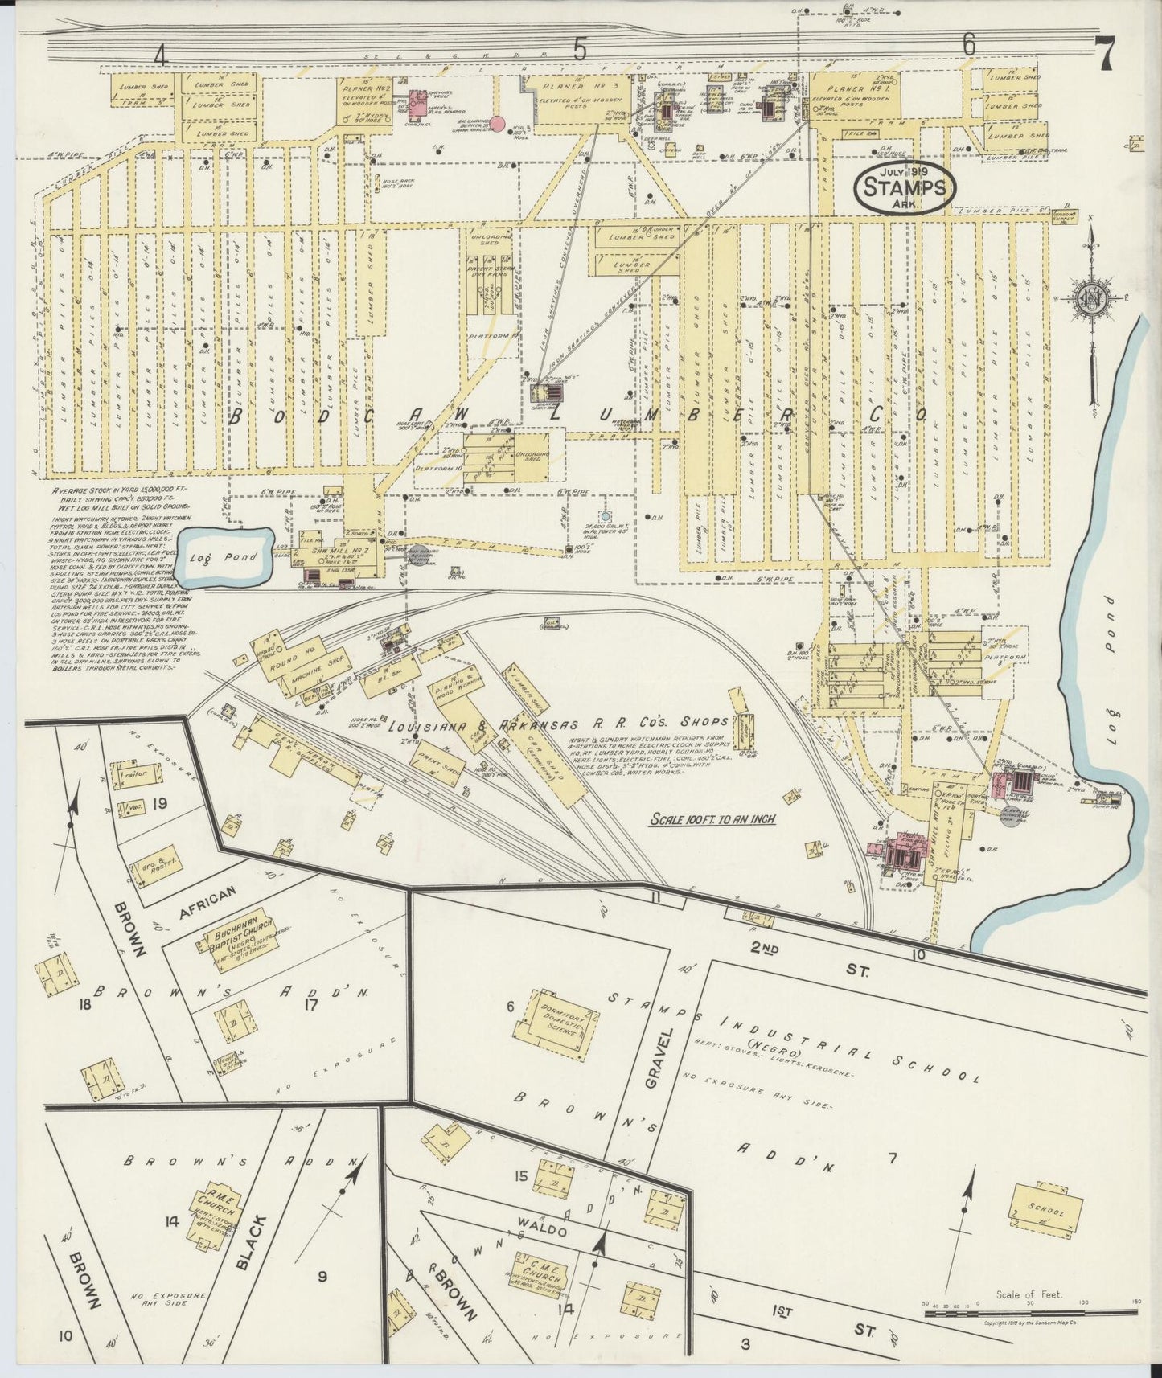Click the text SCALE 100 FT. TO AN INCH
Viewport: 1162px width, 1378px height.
(712, 819)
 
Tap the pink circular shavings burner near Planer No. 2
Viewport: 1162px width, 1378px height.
(498, 123)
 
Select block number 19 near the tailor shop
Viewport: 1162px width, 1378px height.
(159, 803)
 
